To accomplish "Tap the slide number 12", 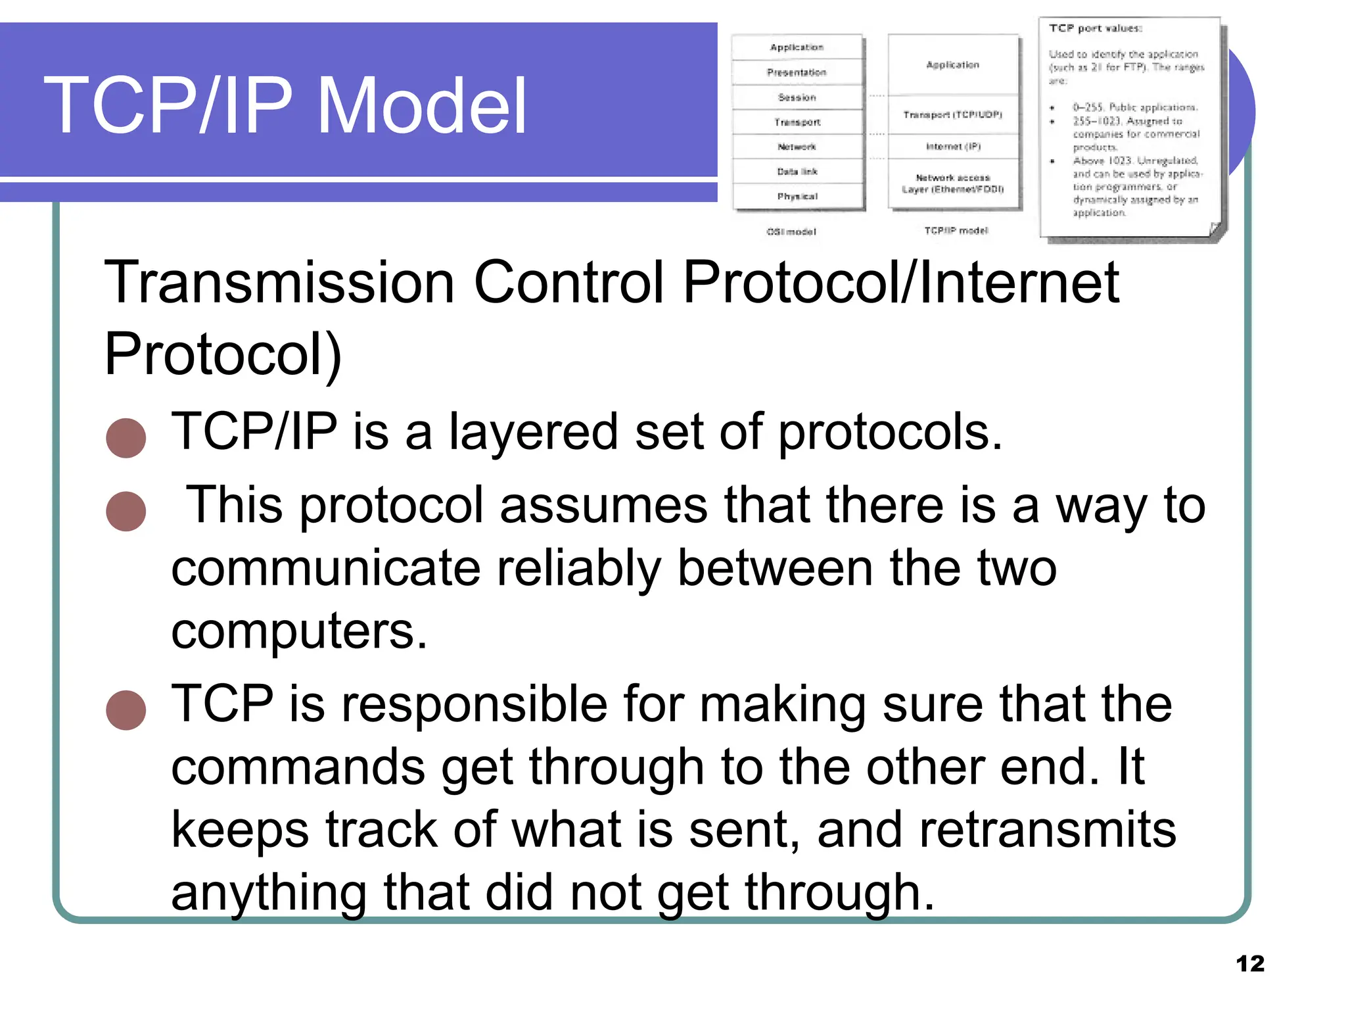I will pyautogui.click(x=1249, y=964).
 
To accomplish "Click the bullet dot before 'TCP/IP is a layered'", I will pyautogui.click(x=126, y=438).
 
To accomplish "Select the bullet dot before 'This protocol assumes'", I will pyautogui.click(x=126, y=511).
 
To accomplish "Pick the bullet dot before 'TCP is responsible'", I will pyautogui.click(x=126, y=710).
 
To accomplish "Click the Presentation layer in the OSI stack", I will pyautogui.click(x=797, y=72).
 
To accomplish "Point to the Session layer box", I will pyautogui.click(x=797, y=97).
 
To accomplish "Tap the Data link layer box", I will pyautogui.click(x=797, y=172).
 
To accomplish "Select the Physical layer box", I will pyautogui.click(x=797, y=197).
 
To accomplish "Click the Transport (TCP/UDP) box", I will pyautogui.click(x=952, y=115).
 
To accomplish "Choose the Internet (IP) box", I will pyautogui.click(x=952, y=147).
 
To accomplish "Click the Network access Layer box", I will pyautogui.click(x=952, y=183).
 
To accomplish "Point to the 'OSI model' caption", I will pyautogui.click(x=791, y=232).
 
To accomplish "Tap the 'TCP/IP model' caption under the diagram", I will pyautogui.click(x=956, y=231).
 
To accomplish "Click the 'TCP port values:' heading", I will pyautogui.click(x=1095, y=28).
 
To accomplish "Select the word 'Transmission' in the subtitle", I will pyautogui.click(x=279, y=283).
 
